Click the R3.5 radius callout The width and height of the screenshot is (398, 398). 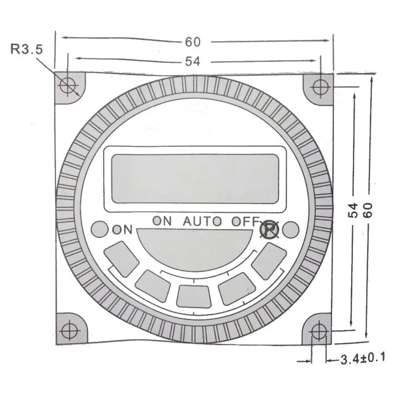26,49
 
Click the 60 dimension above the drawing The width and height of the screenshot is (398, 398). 193,42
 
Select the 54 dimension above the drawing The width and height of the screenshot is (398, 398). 192,61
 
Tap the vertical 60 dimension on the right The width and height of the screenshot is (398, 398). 368,210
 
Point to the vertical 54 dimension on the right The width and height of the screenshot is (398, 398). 353,211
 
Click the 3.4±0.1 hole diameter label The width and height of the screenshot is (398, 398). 363,359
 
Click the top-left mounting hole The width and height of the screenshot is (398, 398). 68,85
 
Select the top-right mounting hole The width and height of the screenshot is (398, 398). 320,87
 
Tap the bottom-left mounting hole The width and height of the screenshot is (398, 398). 70,331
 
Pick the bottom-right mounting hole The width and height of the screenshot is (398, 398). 319,331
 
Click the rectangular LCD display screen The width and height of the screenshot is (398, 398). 195,179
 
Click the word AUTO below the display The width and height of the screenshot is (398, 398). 202,221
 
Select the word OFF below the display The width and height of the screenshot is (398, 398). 245,221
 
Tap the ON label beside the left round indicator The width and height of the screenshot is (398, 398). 123,230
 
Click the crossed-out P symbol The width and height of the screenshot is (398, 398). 269,230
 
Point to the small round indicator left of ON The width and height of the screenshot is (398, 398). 99,229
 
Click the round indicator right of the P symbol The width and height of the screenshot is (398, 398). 290,230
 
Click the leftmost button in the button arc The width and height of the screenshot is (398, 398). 121,259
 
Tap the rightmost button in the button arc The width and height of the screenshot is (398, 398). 269,261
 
